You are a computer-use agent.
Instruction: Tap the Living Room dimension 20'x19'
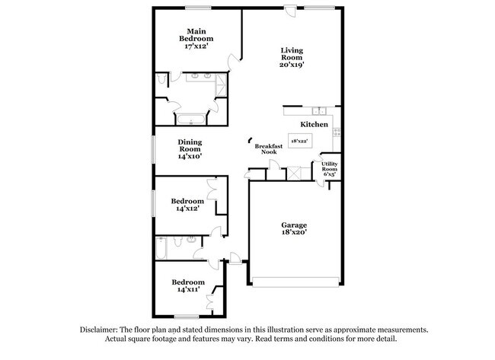pyautogui.click(x=292, y=65)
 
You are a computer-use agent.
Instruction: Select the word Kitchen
pyautogui.click(x=314, y=124)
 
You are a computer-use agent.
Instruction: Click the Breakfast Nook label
pyautogui.click(x=268, y=148)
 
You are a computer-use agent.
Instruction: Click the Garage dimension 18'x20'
pyautogui.click(x=294, y=234)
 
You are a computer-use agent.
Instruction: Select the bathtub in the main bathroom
pyautogui.click(x=191, y=119)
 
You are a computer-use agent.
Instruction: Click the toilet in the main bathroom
pyautogui.click(x=163, y=79)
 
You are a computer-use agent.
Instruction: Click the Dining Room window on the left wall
pyautogui.click(x=153, y=148)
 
